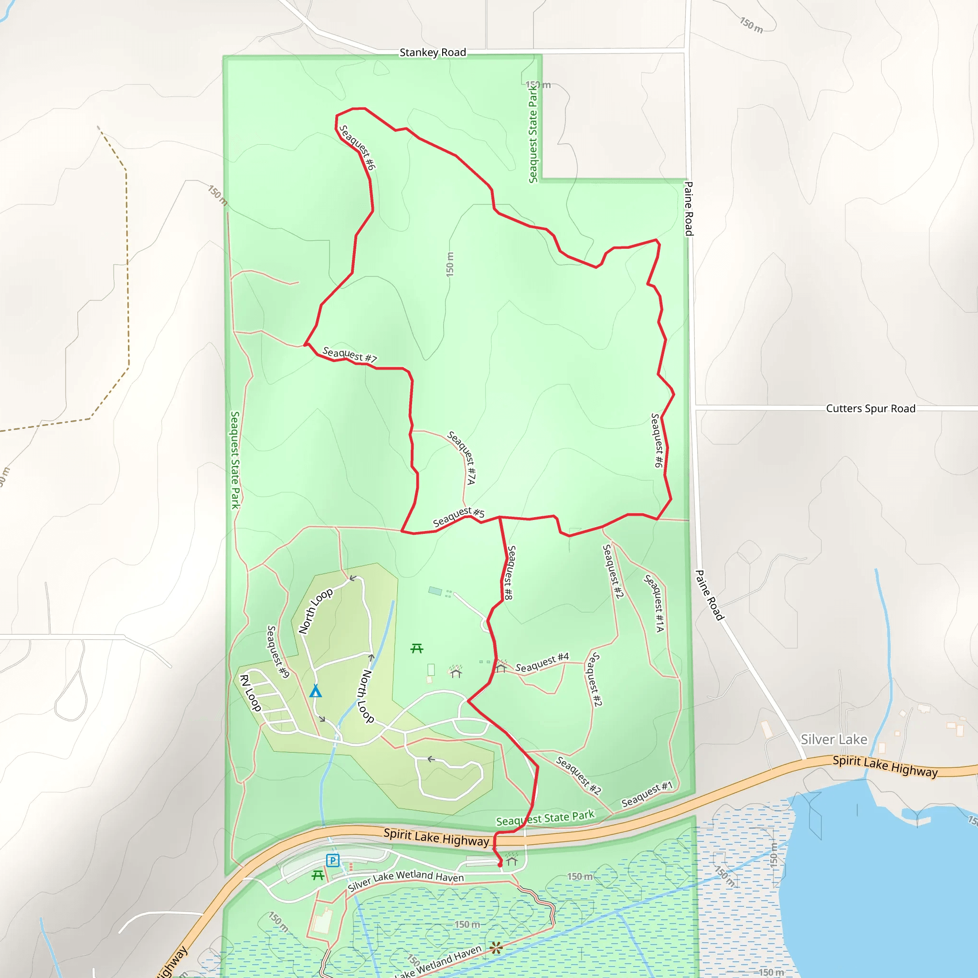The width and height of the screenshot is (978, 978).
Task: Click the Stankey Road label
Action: point(433,53)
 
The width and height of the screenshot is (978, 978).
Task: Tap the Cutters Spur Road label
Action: point(871,408)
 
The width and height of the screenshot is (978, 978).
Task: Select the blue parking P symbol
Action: point(332,860)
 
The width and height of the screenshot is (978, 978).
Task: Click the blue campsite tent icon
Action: point(315,691)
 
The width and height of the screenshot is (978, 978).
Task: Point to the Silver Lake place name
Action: point(834,740)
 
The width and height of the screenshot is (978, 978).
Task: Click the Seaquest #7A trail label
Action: point(462,457)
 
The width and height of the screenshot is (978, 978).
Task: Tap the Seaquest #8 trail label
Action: point(510,573)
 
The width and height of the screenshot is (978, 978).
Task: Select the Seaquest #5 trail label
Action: point(458,517)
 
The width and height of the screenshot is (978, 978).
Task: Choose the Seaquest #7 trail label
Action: point(349,354)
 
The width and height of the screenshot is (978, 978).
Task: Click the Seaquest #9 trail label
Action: point(278,651)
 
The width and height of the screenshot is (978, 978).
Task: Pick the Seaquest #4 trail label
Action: point(542,663)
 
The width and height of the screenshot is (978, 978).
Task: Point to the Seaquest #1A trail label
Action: point(654,603)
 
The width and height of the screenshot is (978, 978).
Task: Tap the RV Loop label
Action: point(250,692)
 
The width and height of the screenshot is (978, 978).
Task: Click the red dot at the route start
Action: point(500,865)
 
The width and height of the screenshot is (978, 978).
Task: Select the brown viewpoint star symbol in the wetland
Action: point(496,947)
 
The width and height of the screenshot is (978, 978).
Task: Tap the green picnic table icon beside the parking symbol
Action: point(318,875)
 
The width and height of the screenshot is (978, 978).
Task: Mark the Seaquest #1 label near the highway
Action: point(647,794)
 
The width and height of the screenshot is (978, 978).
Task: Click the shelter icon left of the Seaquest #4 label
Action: point(500,667)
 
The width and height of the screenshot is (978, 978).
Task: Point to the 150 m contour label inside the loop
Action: point(450,264)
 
